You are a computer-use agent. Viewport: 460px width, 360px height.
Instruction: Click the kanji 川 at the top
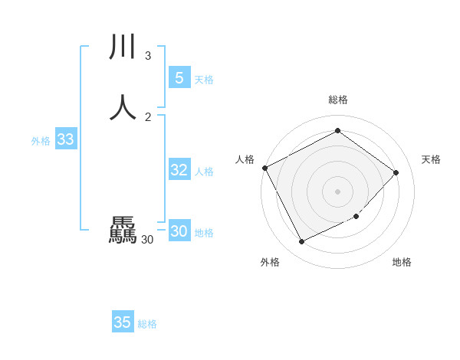pos(123,48)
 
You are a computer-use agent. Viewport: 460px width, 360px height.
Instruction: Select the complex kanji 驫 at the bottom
pos(123,231)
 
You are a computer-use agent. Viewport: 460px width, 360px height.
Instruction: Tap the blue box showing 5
pos(179,78)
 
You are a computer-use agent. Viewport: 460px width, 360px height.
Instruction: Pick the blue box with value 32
pos(179,170)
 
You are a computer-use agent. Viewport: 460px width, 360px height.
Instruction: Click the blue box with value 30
pos(179,231)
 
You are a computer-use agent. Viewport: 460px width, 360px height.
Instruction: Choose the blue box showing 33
pos(65,139)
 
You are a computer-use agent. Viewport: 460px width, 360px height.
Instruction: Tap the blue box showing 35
pos(123,322)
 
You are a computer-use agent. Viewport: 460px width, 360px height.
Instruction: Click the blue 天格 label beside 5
pos(204,80)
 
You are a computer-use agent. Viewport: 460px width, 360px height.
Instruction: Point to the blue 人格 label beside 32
pos(205,172)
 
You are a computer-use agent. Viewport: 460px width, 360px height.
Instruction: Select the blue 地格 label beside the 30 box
pos(204,233)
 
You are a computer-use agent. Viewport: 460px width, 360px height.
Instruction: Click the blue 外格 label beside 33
pos(41,141)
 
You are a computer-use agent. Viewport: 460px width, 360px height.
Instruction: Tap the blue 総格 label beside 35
pos(147,324)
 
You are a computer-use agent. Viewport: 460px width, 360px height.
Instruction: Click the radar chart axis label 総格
pos(338,100)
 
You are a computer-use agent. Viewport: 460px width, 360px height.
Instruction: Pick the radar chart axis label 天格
pos(431,159)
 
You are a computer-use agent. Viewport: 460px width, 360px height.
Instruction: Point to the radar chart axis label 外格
pos(270,263)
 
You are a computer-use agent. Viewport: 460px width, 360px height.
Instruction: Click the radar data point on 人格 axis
pos(264,168)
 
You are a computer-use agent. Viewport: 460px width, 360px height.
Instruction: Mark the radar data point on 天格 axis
pos(396,172)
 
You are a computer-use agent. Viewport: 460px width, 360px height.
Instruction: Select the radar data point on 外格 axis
pos(302,242)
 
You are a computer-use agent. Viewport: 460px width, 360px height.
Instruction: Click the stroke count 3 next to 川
pos(148,56)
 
